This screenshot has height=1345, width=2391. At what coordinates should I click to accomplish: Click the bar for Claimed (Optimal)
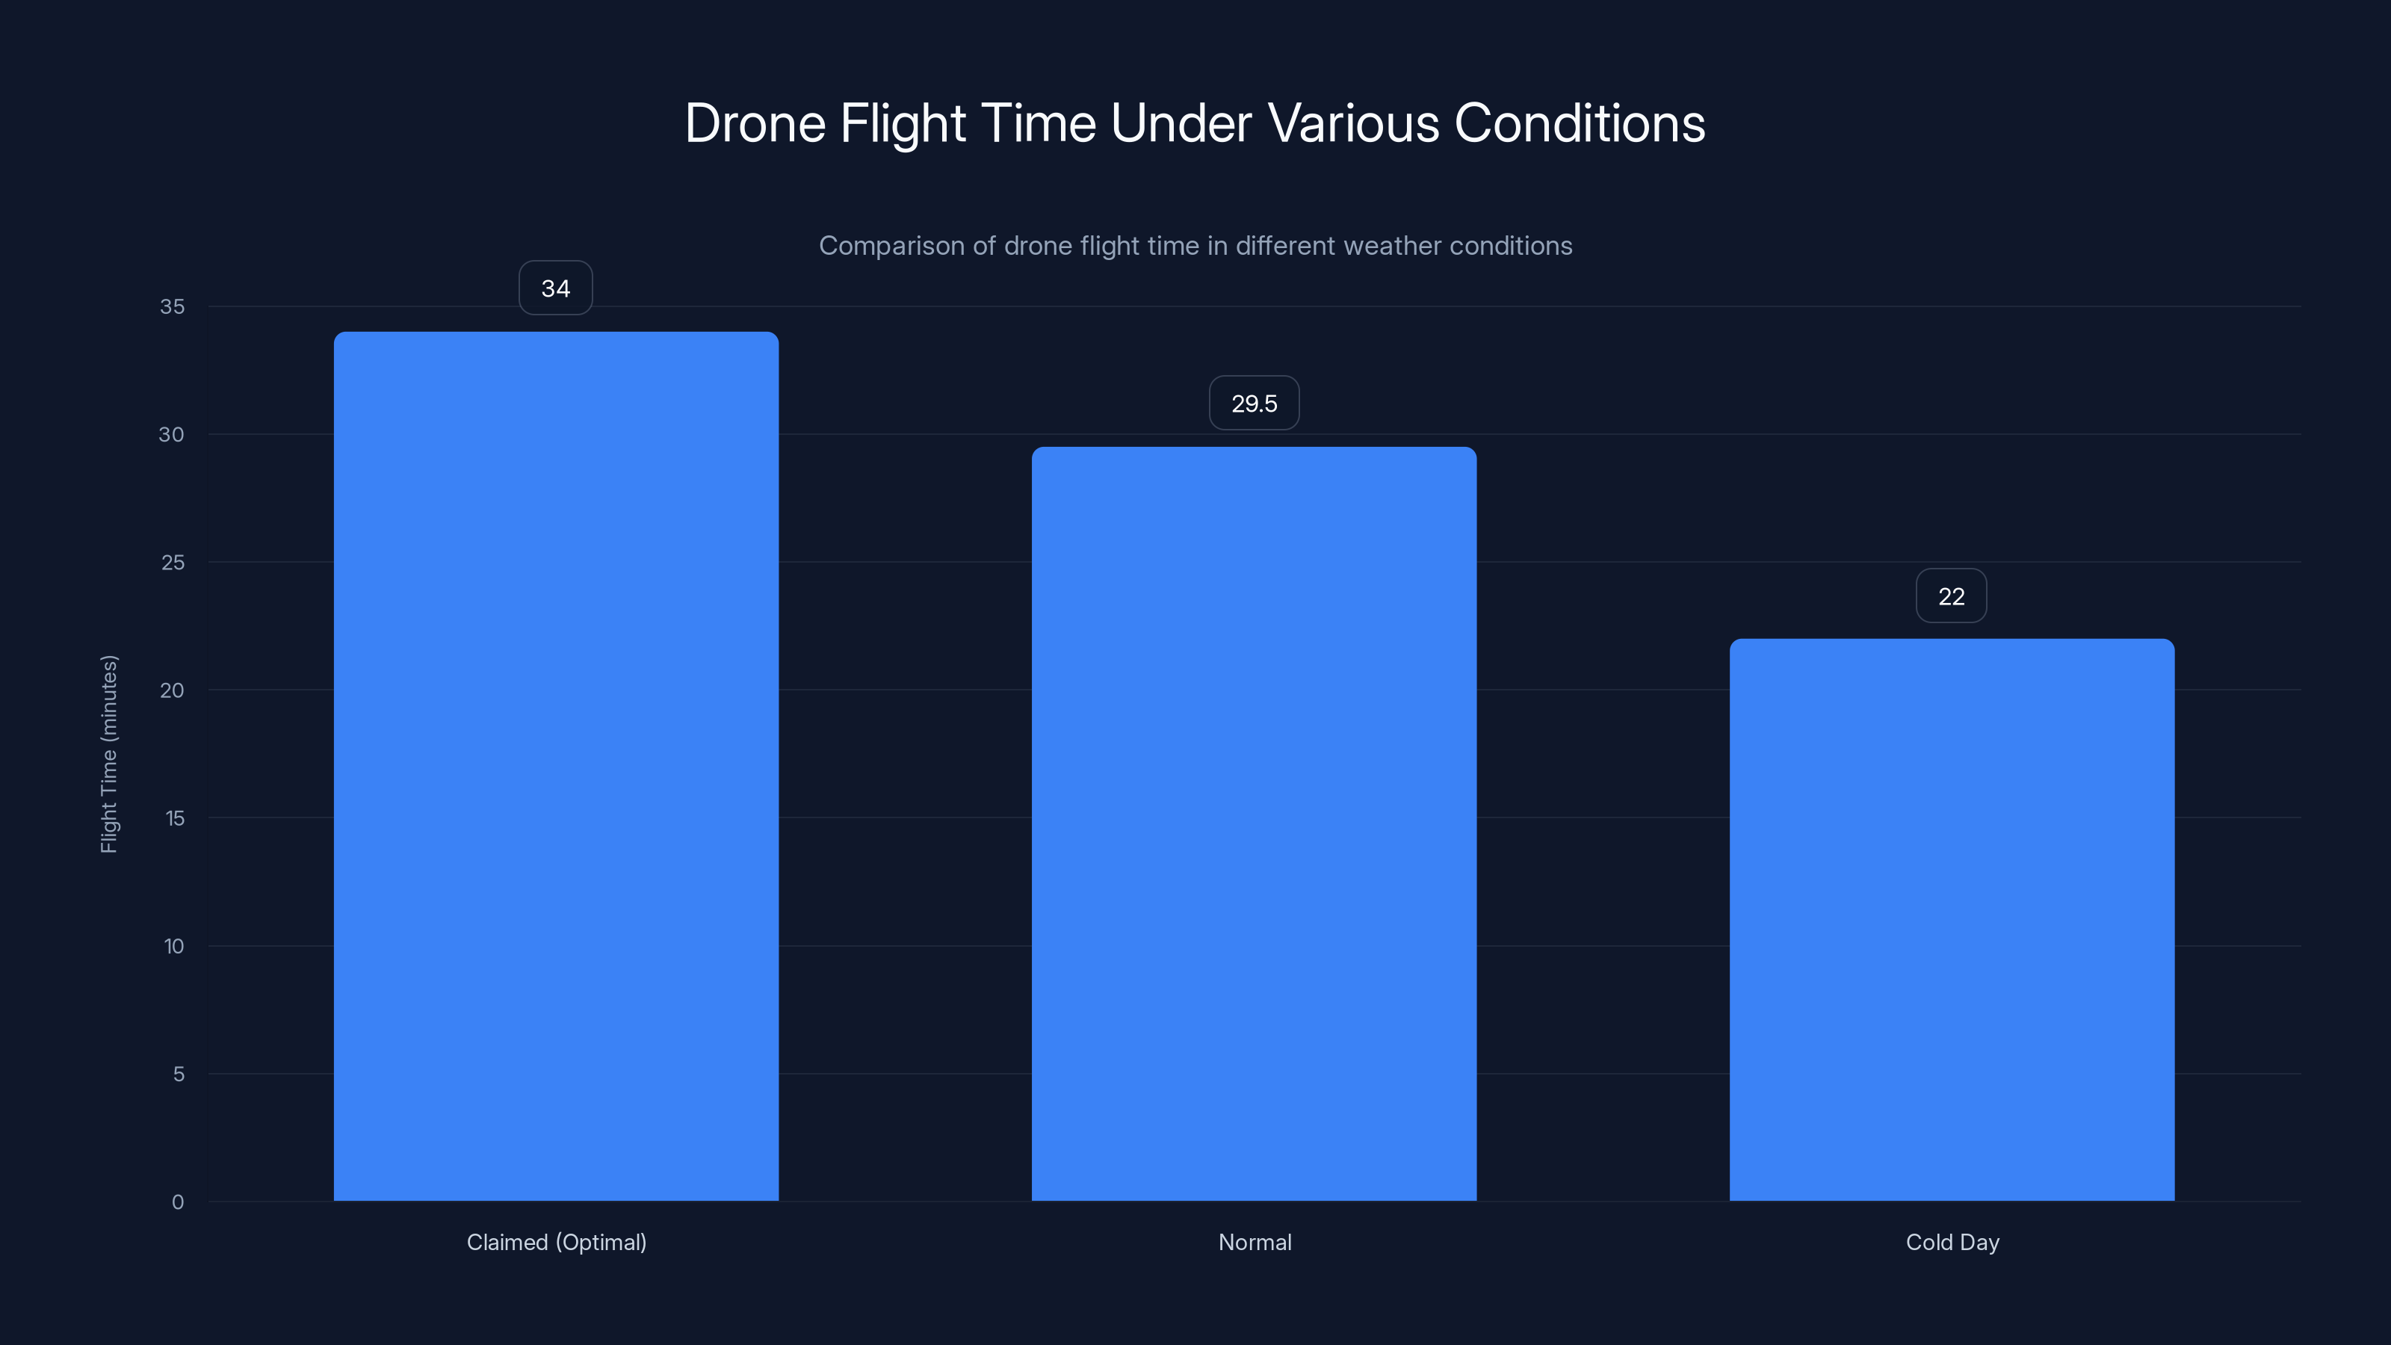tap(556, 766)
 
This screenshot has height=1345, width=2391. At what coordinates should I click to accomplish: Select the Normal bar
tap(1254, 823)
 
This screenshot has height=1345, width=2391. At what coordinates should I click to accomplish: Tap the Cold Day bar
tap(1951, 919)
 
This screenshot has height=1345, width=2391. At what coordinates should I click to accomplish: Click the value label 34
tap(555, 288)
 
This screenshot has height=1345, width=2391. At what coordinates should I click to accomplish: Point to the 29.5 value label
tap(1254, 403)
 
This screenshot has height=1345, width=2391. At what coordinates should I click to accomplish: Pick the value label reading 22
tap(1951, 597)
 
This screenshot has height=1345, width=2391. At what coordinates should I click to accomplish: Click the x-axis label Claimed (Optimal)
tap(556, 1242)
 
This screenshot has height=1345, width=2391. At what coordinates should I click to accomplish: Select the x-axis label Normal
tap(1254, 1242)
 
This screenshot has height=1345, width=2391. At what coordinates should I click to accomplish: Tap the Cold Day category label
tap(1952, 1242)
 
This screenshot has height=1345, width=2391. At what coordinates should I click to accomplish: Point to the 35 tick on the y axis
tap(172, 306)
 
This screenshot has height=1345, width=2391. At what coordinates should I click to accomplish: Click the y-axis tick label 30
tap(172, 434)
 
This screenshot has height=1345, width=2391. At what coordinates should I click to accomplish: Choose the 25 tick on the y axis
tap(173, 563)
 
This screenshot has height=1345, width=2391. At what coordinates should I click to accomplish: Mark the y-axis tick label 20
tap(172, 690)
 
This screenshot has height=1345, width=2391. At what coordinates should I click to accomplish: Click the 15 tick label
tap(175, 817)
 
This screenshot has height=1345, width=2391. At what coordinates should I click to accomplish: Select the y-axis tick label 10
tap(173, 946)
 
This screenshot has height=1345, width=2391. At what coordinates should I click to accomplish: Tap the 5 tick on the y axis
tap(179, 1074)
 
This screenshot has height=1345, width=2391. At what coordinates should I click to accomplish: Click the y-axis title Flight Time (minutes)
tap(108, 754)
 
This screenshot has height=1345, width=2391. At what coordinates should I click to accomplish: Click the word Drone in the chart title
tap(755, 123)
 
